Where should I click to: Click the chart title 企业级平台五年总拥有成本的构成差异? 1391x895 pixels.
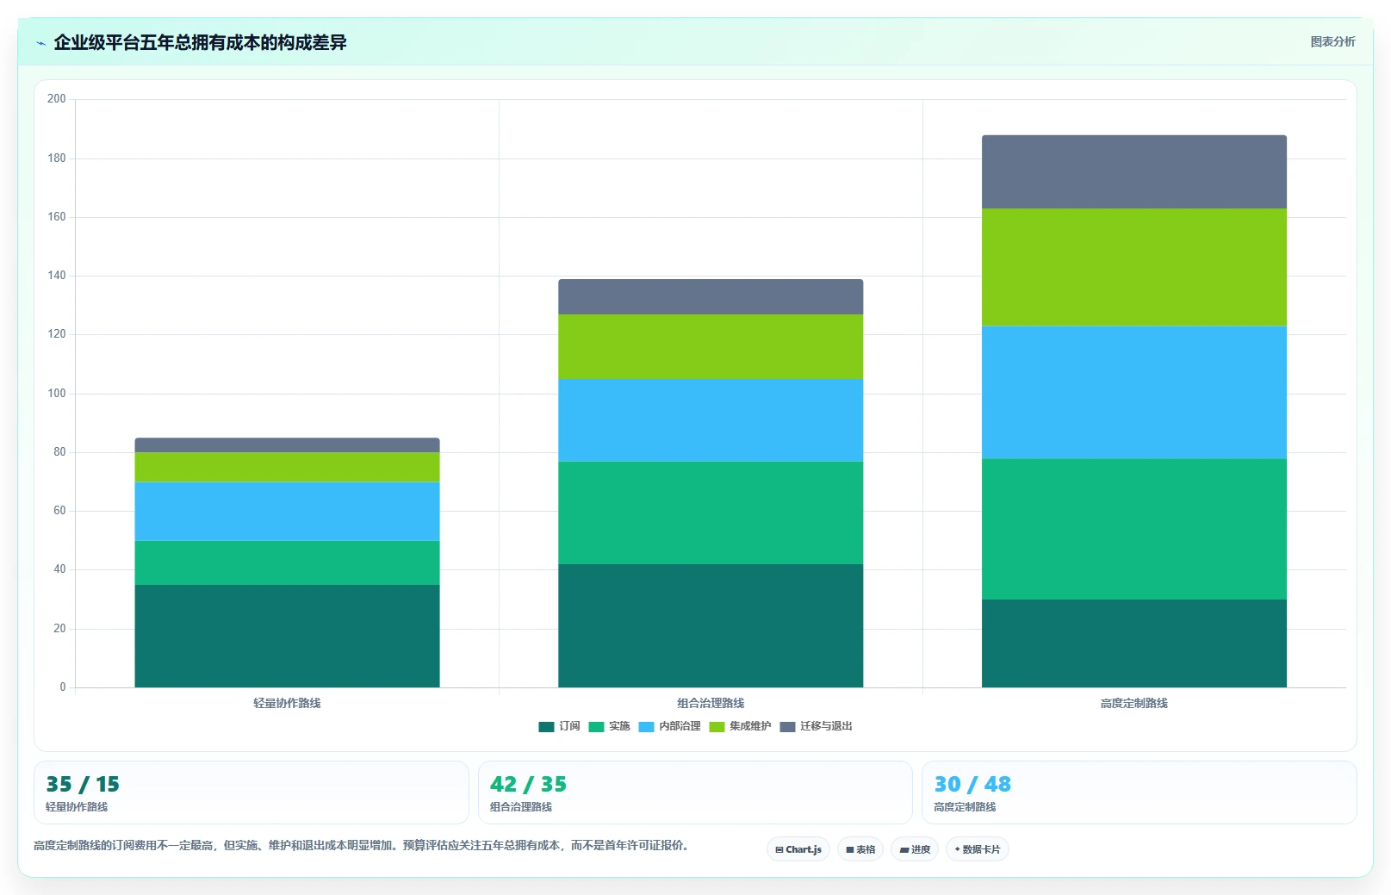[x=200, y=42]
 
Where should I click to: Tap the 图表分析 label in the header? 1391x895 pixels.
[x=1332, y=41]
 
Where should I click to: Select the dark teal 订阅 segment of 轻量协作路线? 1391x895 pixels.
[x=287, y=636]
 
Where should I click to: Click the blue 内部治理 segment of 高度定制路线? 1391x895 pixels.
[x=1134, y=393]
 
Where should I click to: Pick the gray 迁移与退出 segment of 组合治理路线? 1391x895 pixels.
[x=711, y=297]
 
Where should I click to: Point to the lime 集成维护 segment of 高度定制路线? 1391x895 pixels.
[x=1134, y=267]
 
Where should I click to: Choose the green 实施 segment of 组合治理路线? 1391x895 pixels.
[x=711, y=513]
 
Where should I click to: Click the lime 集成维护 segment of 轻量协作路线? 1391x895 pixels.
[x=287, y=467]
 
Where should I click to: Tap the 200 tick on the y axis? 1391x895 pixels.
[x=57, y=99]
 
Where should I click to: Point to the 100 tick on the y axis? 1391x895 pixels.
[x=57, y=393]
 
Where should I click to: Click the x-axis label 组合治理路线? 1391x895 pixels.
[x=711, y=703]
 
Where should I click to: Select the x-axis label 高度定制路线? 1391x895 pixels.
[x=1134, y=703]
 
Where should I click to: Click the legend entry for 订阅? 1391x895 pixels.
[x=559, y=726]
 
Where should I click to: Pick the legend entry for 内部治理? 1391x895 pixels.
[x=669, y=726]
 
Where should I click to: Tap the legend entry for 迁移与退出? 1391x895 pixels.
[x=816, y=726]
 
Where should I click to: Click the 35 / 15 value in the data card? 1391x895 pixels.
[x=83, y=784]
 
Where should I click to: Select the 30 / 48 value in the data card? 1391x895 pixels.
[x=972, y=784]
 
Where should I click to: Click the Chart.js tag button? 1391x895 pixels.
[x=798, y=849]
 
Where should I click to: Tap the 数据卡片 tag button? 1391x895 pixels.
[x=977, y=849]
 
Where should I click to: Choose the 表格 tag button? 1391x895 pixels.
[x=860, y=849]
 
